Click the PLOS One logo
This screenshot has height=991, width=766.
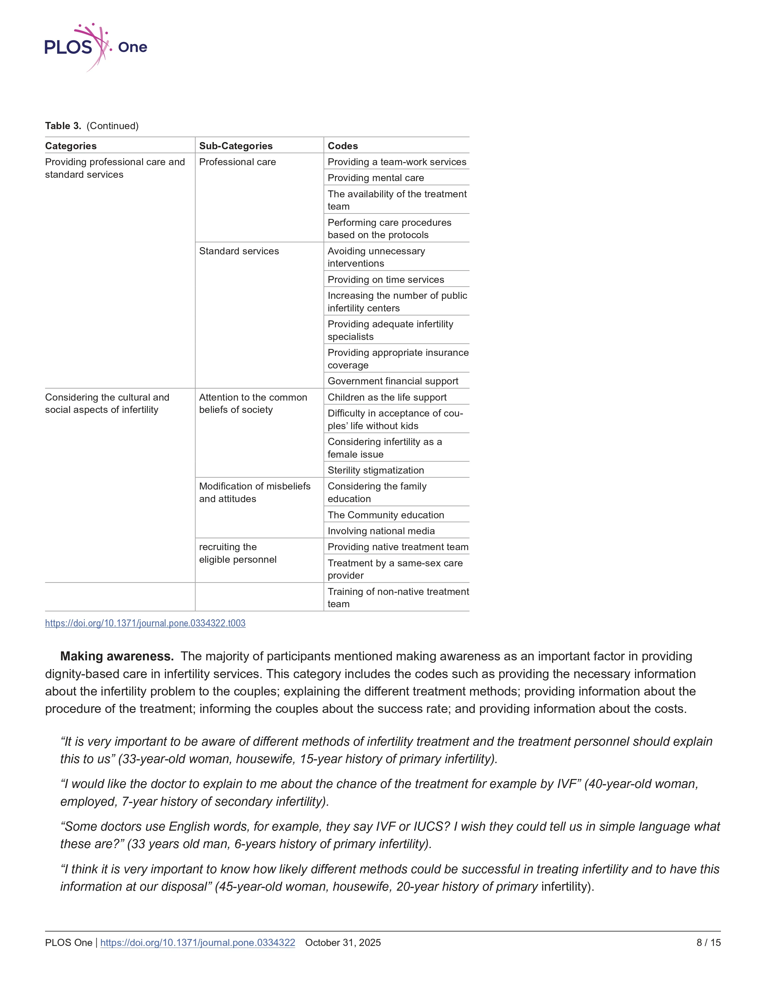[95, 47]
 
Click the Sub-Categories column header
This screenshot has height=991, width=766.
[236, 146]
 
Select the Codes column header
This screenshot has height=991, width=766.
[343, 146]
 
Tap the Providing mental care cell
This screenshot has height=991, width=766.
[376, 178]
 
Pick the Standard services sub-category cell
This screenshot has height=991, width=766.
[239, 251]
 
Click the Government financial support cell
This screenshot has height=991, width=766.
[393, 381]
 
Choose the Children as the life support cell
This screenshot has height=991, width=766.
[387, 398]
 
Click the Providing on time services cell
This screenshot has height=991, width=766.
[386, 280]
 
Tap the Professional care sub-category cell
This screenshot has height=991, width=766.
[237, 162]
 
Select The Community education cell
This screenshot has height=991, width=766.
[386, 515]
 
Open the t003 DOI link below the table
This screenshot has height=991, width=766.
[145, 623]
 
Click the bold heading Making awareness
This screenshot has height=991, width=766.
[117, 656]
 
